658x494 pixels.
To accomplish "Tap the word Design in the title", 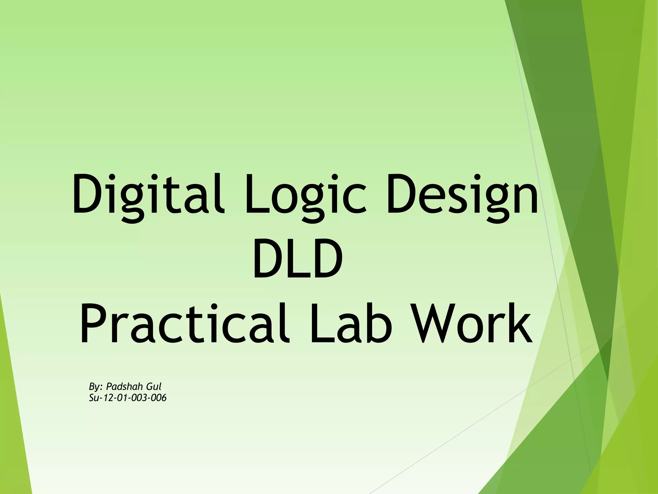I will pyautogui.click(x=462, y=195).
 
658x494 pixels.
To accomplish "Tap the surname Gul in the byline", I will pyautogui.click(x=154, y=386).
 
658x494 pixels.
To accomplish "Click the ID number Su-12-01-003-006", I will pyautogui.click(x=128, y=398).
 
